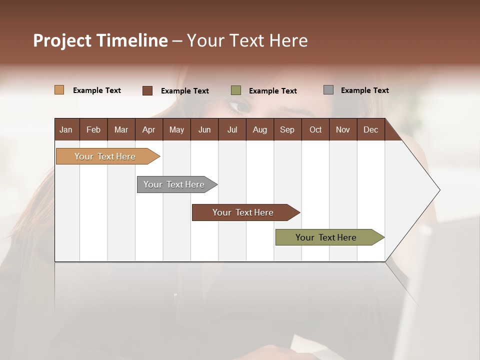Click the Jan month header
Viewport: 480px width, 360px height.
[x=66, y=129]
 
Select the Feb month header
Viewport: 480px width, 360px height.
[x=93, y=129]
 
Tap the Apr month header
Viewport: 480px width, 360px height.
[x=148, y=129]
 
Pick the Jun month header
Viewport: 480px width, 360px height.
[x=204, y=129]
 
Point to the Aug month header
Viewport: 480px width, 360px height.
[x=259, y=129]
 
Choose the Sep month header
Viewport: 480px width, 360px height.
[x=287, y=129]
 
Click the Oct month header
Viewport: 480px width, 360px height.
[x=315, y=129]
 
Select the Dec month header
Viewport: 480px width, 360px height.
[x=370, y=129]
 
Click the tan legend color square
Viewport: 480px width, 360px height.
[x=59, y=90]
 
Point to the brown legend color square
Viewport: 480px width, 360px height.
[x=147, y=90]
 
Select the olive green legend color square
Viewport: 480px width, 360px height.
[x=236, y=90]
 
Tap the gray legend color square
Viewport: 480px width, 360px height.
[x=328, y=89]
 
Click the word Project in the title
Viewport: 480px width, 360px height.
[x=62, y=41]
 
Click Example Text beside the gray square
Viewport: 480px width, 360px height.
[x=364, y=90]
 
